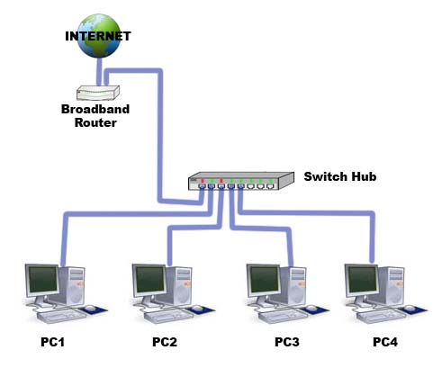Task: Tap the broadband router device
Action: (x=97, y=93)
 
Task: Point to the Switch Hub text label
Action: (x=338, y=177)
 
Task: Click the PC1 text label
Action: (x=53, y=343)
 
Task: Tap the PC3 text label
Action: (x=286, y=343)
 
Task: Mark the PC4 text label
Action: (x=384, y=343)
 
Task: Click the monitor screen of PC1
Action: (x=43, y=282)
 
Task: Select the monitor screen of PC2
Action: (x=150, y=282)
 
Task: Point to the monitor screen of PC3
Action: (x=265, y=282)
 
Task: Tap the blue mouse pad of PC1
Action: (x=92, y=310)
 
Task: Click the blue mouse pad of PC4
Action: (x=413, y=310)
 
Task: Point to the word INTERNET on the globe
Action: (x=97, y=36)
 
